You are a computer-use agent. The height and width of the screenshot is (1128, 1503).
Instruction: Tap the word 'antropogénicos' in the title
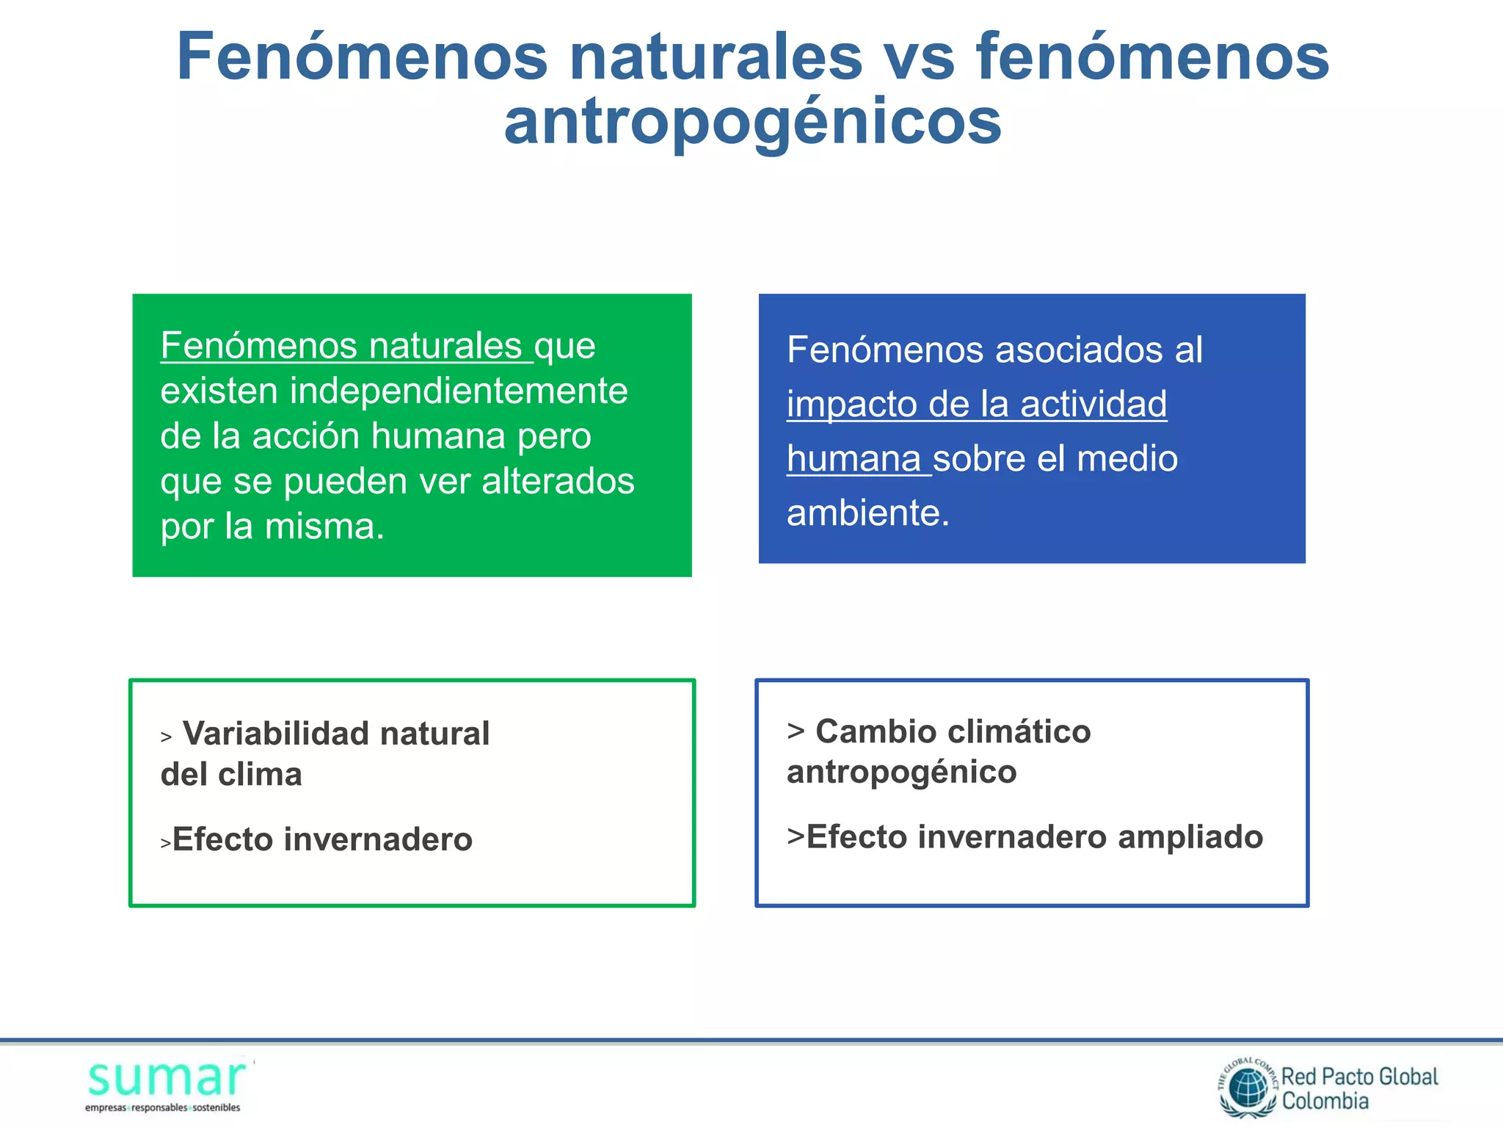pos(752,122)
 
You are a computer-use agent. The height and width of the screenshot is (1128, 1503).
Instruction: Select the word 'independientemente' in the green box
pos(459,391)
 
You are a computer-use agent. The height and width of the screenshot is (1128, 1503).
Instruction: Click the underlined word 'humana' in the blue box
pos(854,459)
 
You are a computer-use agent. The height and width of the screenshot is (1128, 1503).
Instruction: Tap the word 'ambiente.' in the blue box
pos(867,513)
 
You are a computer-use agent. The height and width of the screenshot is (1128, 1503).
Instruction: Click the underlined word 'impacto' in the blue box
pos(851,405)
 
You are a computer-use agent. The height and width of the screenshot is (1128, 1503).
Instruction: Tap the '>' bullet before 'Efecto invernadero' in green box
pos(166,843)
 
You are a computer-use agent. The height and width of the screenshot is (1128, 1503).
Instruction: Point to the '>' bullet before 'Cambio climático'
pos(796,731)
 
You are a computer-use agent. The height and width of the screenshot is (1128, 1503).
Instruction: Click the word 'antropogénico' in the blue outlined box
pos(901,772)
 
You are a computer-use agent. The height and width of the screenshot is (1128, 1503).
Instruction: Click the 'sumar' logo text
pos(167,1079)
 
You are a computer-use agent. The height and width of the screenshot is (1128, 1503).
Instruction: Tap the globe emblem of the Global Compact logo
pos(1248,1088)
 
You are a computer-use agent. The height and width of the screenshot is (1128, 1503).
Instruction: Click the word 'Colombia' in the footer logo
pos(1325,1101)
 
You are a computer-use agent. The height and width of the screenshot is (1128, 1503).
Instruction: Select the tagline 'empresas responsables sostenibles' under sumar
pos(162,1107)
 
